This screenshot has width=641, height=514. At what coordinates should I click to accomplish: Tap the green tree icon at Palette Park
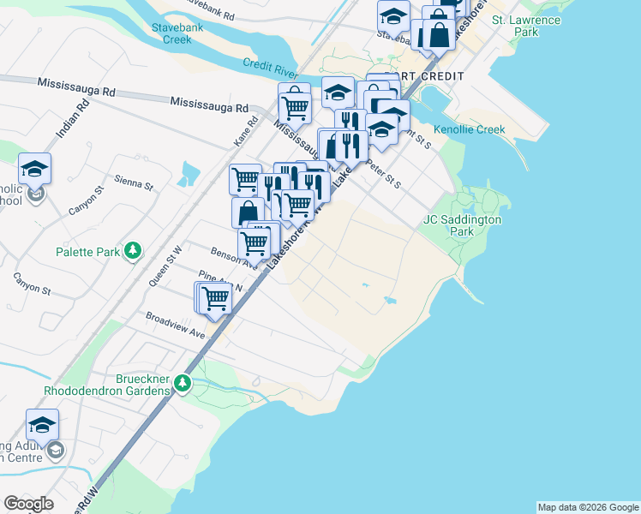click(x=132, y=250)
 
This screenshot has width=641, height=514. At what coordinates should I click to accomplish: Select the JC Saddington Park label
click(x=461, y=225)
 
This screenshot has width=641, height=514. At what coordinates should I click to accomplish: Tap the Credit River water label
click(x=269, y=64)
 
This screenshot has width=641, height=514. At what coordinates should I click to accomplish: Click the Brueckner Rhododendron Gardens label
click(x=108, y=384)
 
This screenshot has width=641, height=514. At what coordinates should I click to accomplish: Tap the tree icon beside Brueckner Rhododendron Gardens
click(x=182, y=382)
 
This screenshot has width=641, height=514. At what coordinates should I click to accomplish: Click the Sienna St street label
click(x=134, y=184)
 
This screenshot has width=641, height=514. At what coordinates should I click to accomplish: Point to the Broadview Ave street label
click(x=175, y=325)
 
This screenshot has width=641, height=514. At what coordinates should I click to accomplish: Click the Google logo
click(x=29, y=504)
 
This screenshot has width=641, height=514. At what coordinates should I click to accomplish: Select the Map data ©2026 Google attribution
click(x=588, y=507)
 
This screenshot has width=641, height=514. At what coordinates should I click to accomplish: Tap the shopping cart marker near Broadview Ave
click(x=214, y=298)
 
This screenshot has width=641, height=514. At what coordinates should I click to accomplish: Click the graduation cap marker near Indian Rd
click(x=35, y=169)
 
